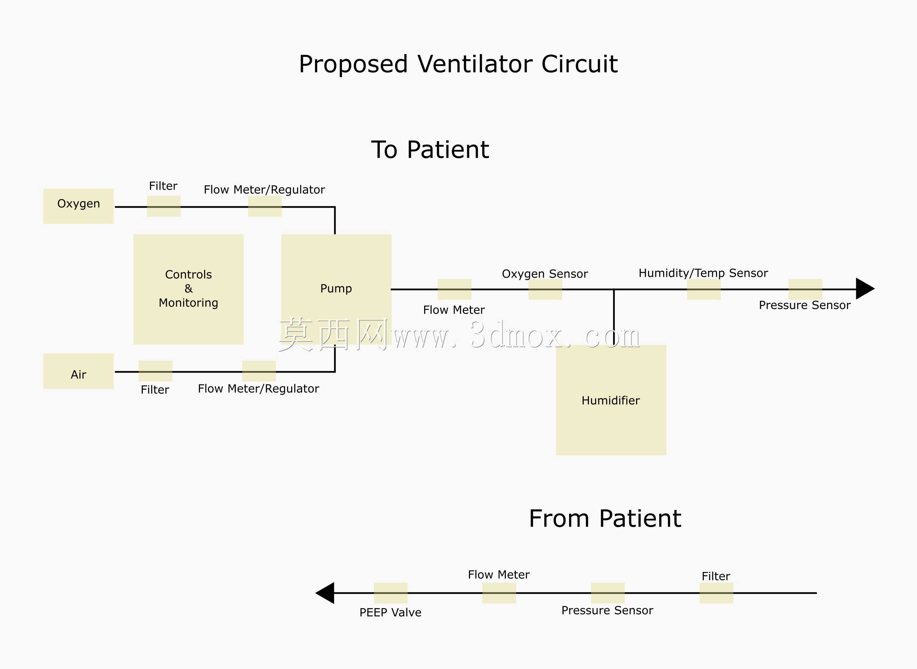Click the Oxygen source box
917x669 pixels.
pyautogui.click(x=79, y=206)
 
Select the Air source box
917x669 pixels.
pyautogui.click(x=79, y=371)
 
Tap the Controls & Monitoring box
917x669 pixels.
pyautogui.click(x=189, y=289)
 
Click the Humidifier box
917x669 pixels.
pyautogui.click(x=611, y=400)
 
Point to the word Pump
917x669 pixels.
pyautogui.click(x=336, y=289)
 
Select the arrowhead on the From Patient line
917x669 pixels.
pyautogui.click(x=325, y=593)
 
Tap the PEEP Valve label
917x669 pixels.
pyautogui.click(x=390, y=612)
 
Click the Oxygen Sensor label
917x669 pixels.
pyautogui.click(x=545, y=274)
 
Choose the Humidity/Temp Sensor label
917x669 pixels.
pyautogui.click(x=703, y=273)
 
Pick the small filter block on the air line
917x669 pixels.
pyautogui.click(x=155, y=371)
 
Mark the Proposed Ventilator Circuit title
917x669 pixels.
pyautogui.click(x=458, y=64)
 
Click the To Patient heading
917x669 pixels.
pyautogui.click(x=430, y=150)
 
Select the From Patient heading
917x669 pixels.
pyautogui.click(x=605, y=518)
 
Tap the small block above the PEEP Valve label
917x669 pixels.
pyautogui.click(x=391, y=593)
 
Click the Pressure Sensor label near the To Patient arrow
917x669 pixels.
pyautogui.click(x=805, y=305)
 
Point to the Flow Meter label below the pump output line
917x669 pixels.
pyautogui.click(x=454, y=310)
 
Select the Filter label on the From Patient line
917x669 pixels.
pyautogui.click(x=716, y=576)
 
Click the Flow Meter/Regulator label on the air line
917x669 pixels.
pyautogui.click(x=258, y=389)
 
